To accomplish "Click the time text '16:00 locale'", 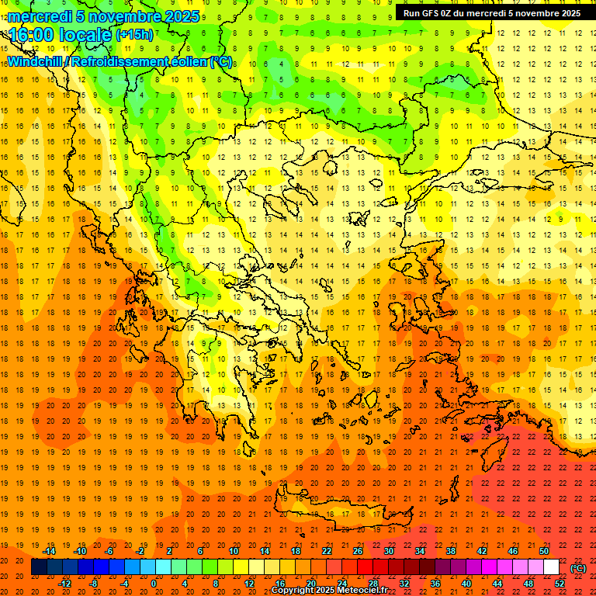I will click(x=61, y=35).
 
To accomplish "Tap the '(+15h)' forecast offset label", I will click(x=134, y=35).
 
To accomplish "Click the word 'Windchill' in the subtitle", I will click(x=36, y=61).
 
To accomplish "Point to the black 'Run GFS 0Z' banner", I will click(x=491, y=13).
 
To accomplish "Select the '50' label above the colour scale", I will click(x=544, y=551).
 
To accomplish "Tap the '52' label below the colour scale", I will click(x=560, y=584).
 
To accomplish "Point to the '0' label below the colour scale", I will click(x=154, y=584).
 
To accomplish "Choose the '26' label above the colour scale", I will click(x=358, y=551).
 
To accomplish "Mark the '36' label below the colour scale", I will click(x=435, y=584).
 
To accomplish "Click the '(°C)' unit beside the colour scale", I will click(x=578, y=568).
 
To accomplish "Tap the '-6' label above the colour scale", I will click(x=109, y=551).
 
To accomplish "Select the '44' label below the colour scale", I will click(x=497, y=584).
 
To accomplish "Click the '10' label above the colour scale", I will click(x=234, y=551).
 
